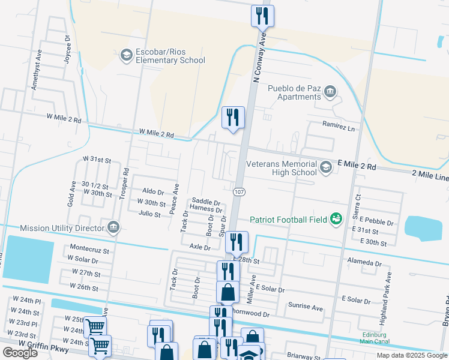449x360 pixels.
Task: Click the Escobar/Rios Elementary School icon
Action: click(126, 55)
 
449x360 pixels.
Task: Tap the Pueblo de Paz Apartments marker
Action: click(330, 91)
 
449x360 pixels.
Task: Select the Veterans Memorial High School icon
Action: click(325, 167)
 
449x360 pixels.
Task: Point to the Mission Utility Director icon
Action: click(113, 227)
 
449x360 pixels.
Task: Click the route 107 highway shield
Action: click(239, 192)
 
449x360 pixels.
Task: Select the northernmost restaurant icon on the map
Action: click(262, 16)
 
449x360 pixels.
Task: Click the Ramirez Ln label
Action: click(339, 127)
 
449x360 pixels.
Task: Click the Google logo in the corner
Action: click(20, 353)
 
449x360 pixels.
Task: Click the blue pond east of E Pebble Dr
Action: click(423, 227)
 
